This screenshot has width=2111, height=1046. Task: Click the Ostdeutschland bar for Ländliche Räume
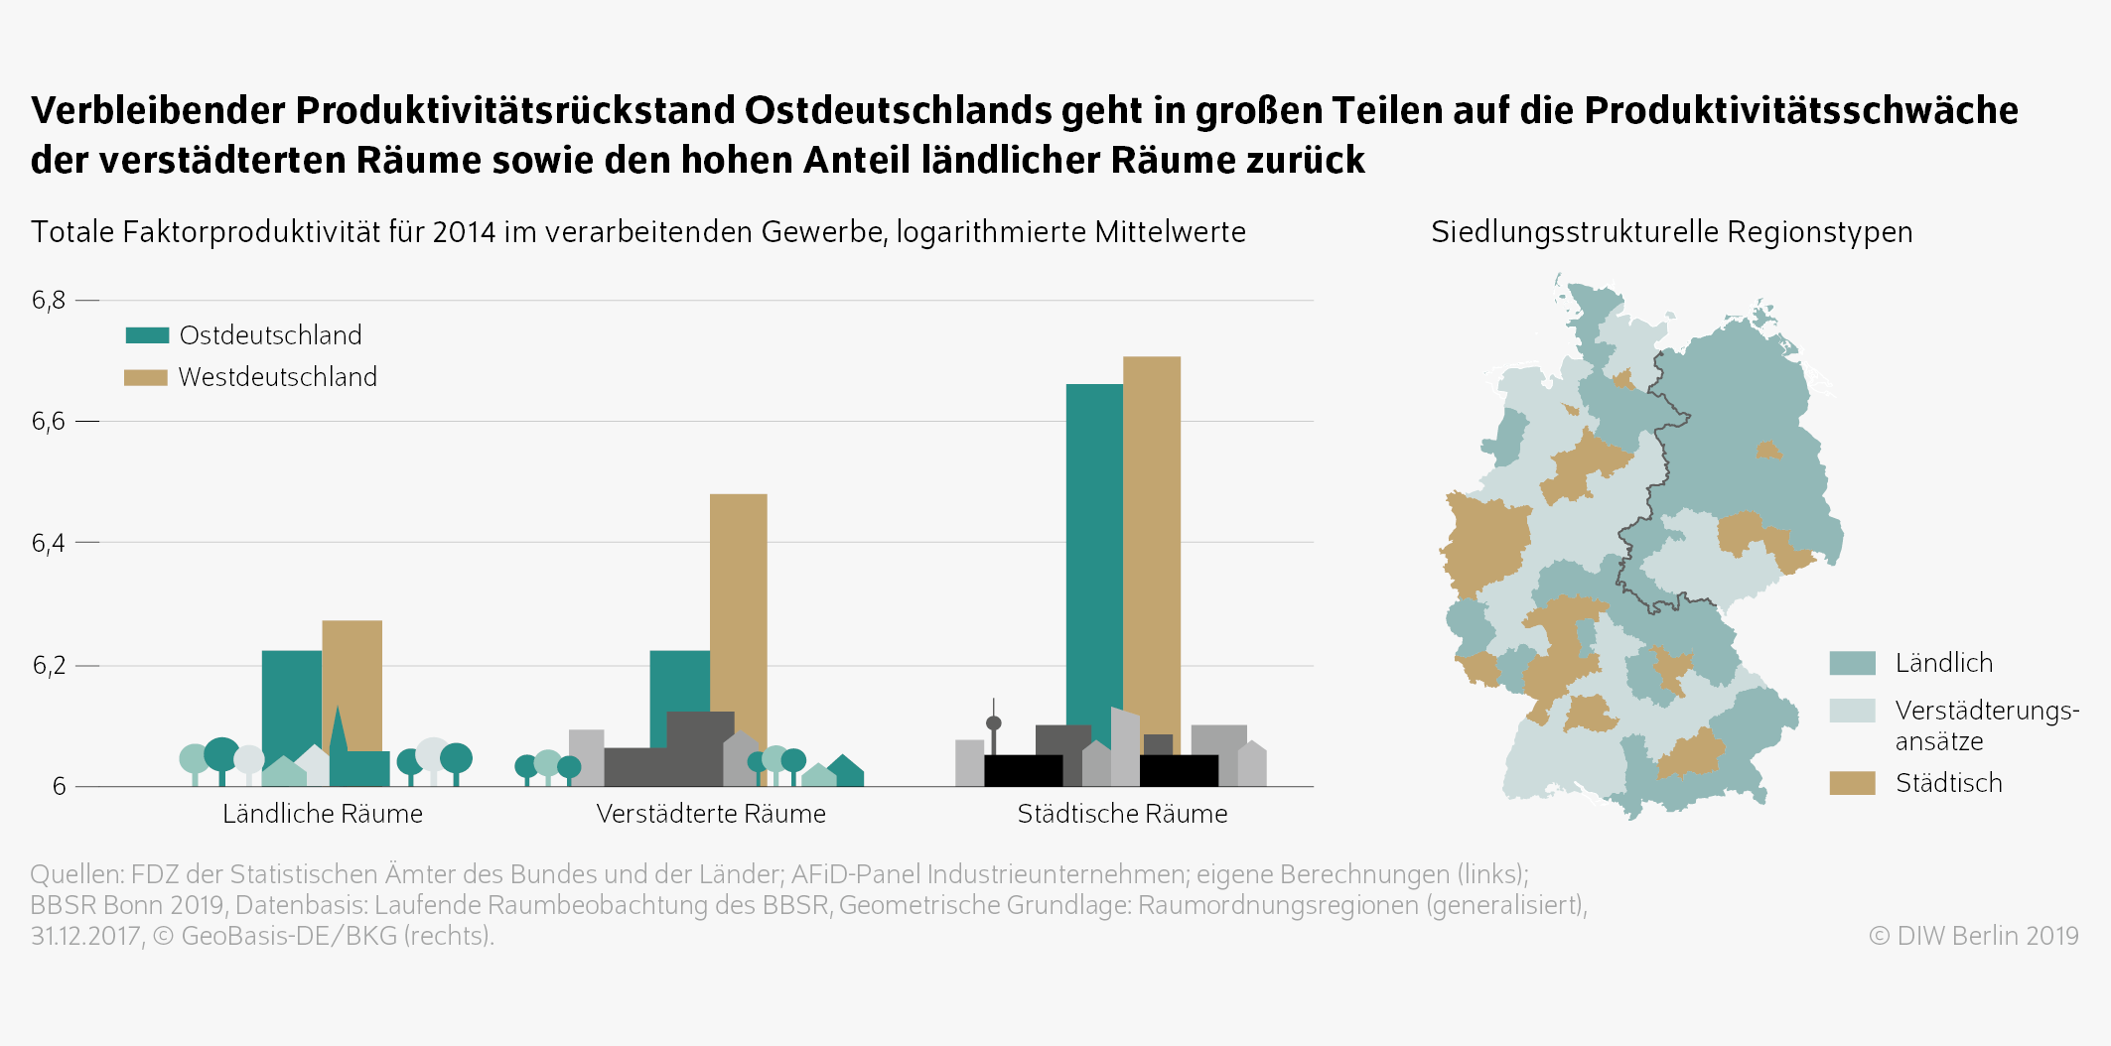tap(291, 695)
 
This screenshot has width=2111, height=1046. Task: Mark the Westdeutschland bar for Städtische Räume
tap(1152, 536)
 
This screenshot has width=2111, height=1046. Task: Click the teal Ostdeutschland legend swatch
tap(147, 335)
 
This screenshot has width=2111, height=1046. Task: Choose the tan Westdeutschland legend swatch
tap(146, 377)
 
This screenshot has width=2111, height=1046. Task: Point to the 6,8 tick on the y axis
tap(49, 300)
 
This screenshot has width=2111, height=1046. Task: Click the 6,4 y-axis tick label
tap(49, 543)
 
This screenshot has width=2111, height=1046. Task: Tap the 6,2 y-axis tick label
tap(49, 665)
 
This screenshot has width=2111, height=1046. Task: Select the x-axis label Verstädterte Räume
tap(711, 814)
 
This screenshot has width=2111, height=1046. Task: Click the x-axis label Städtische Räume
tap(1122, 814)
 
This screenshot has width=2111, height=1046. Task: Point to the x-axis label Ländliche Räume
tap(323, 814)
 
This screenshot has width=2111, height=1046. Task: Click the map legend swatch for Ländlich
tap(1852, 663)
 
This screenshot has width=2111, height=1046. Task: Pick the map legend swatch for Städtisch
tap(1852, 783)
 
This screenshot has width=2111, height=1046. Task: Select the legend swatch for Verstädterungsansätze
tap(1852, 711)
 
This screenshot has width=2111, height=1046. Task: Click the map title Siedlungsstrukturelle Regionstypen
tap(1671, 232)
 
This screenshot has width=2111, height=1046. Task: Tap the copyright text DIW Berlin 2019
tap(1974, 936)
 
